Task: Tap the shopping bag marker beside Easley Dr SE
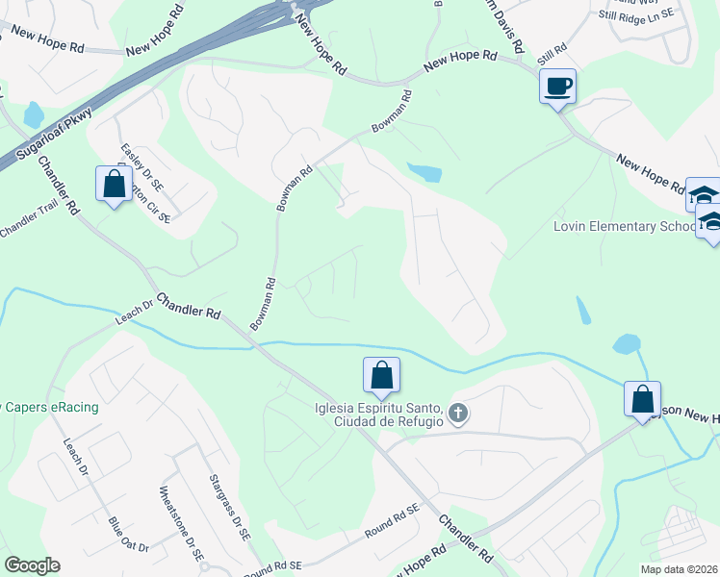(x=115, y=185)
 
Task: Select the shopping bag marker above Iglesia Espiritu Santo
(x=381, y=376)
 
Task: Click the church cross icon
(x=458, y=415)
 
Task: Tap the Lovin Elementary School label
(x=624, y=227)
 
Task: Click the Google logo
(x=32, y=565)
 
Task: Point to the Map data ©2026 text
(x=680, y=569)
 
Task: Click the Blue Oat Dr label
(x=128, y=535)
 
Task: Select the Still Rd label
(x=553, y=48)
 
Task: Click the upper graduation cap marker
(x=704, y=194)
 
